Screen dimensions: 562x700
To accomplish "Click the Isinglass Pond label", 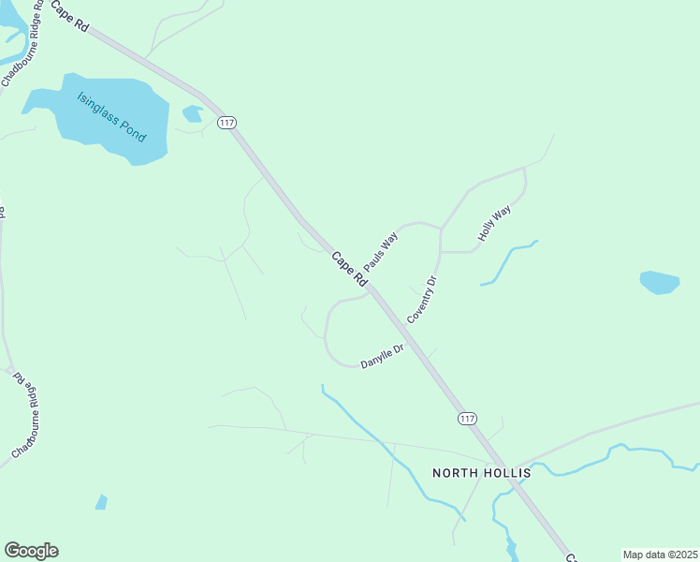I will point(112,116).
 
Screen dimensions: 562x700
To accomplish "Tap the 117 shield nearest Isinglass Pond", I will point(226,123).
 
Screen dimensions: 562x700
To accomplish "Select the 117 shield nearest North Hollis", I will point(467,418).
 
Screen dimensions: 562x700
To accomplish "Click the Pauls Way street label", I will point(381,247).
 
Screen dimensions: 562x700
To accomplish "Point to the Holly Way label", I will point(494,225).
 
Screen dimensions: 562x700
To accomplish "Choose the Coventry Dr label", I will point(422,300).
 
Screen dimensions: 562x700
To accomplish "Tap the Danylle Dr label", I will point(382,356).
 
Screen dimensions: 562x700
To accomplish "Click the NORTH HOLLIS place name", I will point(481,473).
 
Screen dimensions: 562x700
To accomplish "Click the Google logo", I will point(31,551).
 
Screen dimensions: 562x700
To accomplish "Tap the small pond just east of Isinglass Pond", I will point(193,114).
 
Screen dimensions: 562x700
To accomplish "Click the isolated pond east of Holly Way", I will point(660,282).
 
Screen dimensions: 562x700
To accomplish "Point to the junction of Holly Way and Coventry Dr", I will point(441,252).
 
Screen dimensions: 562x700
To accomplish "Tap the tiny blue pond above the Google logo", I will point(101,502).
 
